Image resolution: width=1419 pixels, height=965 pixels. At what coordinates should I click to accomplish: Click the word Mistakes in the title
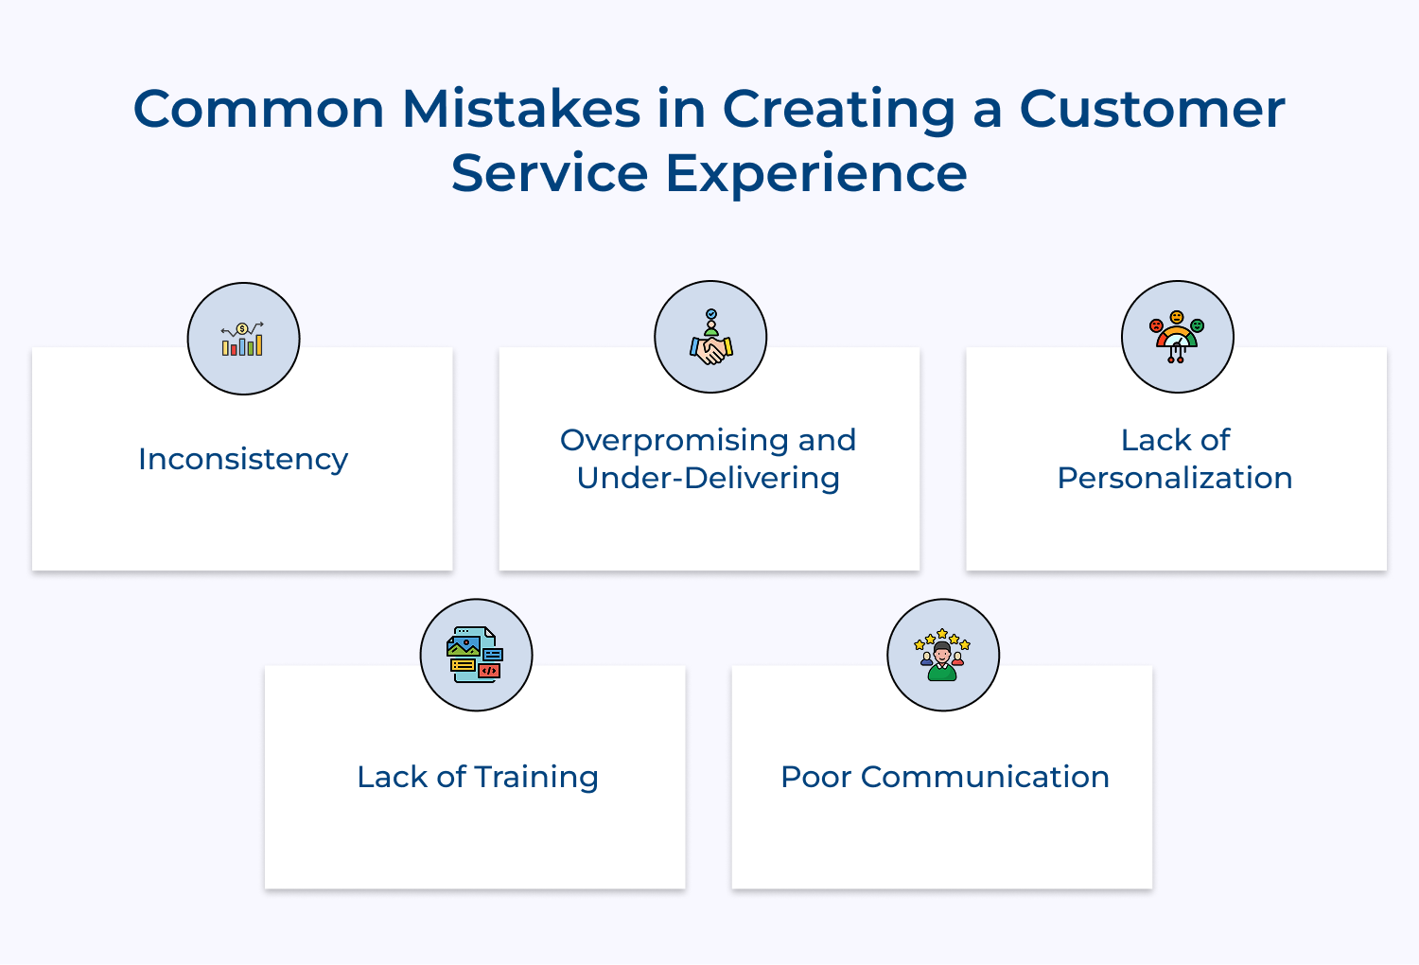coord(521,109)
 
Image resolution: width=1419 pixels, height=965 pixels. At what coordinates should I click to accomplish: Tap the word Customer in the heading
coord(1151,109)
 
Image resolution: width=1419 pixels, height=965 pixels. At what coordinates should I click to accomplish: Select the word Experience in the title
coord(815,173)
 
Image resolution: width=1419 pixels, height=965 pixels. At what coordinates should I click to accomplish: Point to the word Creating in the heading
coord(839,111)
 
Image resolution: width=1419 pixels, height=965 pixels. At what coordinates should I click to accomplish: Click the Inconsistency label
coord(243,459)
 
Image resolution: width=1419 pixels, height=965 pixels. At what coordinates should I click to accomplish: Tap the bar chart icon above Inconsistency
coord(243,339)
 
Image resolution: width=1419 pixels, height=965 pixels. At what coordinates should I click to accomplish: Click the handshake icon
coord(710,338)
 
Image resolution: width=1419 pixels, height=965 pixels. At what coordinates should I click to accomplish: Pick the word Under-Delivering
coord(708,478)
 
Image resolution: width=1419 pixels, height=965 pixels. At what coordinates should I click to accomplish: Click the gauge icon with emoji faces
coord(1177,338)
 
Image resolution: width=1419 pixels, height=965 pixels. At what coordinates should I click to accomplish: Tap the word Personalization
coord(1174,478)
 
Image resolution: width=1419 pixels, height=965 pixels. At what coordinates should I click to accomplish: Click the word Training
coord(536,778)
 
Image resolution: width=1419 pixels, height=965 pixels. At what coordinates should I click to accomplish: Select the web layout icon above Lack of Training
coord(476,655)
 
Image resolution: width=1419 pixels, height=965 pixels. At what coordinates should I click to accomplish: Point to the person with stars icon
coord(942,655)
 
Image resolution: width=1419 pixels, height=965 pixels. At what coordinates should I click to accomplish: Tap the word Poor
coord(815,777)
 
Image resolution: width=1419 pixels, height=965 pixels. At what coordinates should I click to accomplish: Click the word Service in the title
coord(550,173)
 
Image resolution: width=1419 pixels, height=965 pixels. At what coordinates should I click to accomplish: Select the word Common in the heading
coord(258,109)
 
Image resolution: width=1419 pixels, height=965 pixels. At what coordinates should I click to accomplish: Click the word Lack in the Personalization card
coord(1151,440)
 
